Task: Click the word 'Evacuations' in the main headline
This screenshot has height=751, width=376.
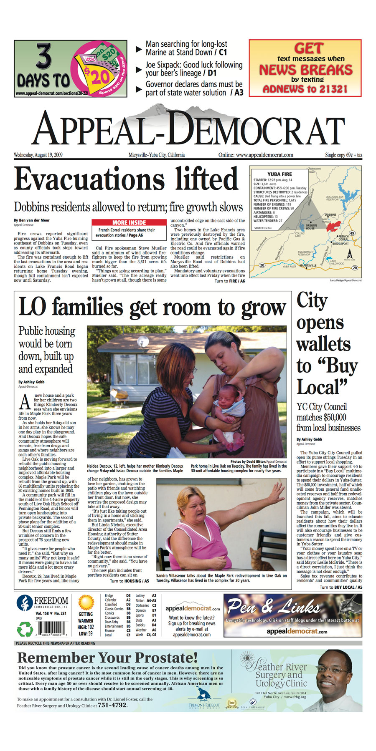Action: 90,179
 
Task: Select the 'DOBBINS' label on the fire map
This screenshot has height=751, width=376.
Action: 330,215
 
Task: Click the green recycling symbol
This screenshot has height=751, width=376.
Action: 24,629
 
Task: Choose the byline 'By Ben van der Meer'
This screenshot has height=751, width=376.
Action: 31,220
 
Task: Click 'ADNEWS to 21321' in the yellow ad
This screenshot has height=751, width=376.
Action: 305,88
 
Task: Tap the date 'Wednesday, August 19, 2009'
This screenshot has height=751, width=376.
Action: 38,155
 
